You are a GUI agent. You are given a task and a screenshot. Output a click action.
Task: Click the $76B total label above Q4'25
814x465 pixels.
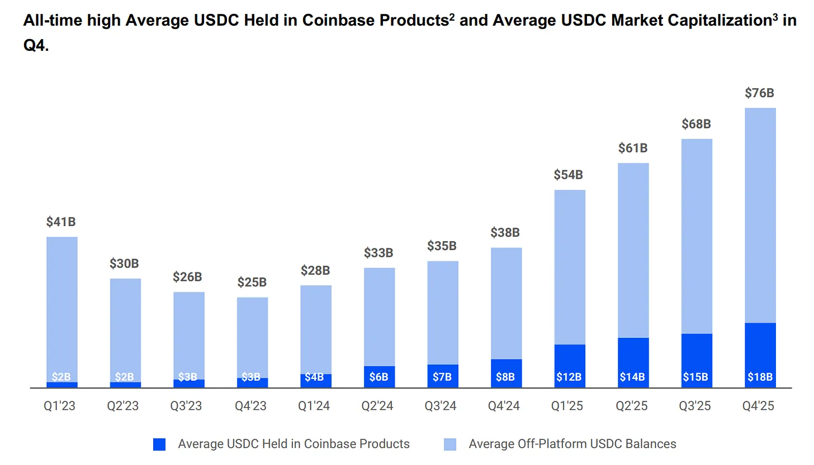[x=760, y=93]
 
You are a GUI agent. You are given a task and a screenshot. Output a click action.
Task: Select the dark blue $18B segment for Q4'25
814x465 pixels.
[x=760, y=355]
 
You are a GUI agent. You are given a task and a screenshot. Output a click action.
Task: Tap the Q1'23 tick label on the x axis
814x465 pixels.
[x=60, y=406]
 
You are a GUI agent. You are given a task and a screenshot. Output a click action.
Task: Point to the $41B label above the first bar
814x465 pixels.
[x=61, y=222]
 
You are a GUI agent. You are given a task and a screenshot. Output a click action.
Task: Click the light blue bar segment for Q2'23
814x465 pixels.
[x=125, y=330]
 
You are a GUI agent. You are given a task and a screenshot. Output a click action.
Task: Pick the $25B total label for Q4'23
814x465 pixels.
[x=252, y=282]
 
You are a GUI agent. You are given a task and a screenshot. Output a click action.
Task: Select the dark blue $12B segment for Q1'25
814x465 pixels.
[x=570, y=366]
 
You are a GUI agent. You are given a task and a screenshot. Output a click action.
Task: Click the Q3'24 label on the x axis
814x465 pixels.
[x=442, y=406]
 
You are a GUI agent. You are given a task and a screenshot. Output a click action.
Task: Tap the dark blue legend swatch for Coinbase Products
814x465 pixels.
[x=159, y=444]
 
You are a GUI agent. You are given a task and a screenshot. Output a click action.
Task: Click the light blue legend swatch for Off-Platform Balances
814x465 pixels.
[x=450, y=444]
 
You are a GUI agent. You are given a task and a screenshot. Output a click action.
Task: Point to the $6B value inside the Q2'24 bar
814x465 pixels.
[x=378, y=377]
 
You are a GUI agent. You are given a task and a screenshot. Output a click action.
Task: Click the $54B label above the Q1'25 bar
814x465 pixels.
[x=569, y=175]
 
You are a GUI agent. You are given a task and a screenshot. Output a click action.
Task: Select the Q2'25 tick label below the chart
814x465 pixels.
[x=632, y=406]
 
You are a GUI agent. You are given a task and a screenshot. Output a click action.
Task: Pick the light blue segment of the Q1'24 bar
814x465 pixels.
[x=315, y=329]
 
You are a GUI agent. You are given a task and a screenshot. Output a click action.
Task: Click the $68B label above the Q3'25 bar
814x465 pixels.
[x=696, y=124]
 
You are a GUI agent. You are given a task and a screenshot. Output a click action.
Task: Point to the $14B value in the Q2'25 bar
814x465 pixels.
[x=632, y=377]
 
